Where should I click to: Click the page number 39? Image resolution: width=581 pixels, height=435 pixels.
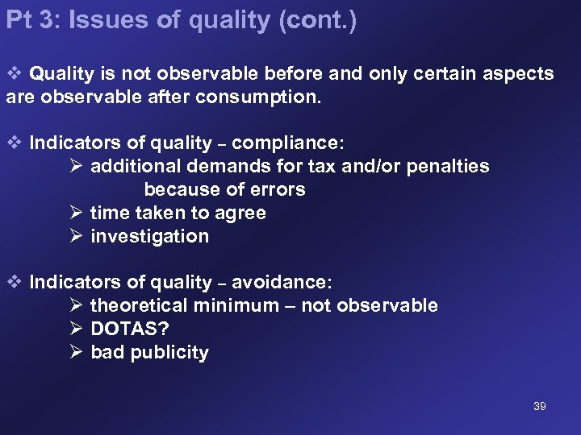[x=540, y=406]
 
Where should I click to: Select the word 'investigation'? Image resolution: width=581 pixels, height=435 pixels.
[x=149, y=236]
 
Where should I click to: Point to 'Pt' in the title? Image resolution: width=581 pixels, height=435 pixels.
[x=19, y=20]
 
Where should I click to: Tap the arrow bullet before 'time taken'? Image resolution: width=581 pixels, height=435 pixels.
[x=76, y=213]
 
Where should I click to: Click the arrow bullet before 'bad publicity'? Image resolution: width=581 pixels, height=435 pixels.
[x=76, y=352]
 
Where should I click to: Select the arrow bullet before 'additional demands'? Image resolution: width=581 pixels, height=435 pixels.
[x=76, y=166]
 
